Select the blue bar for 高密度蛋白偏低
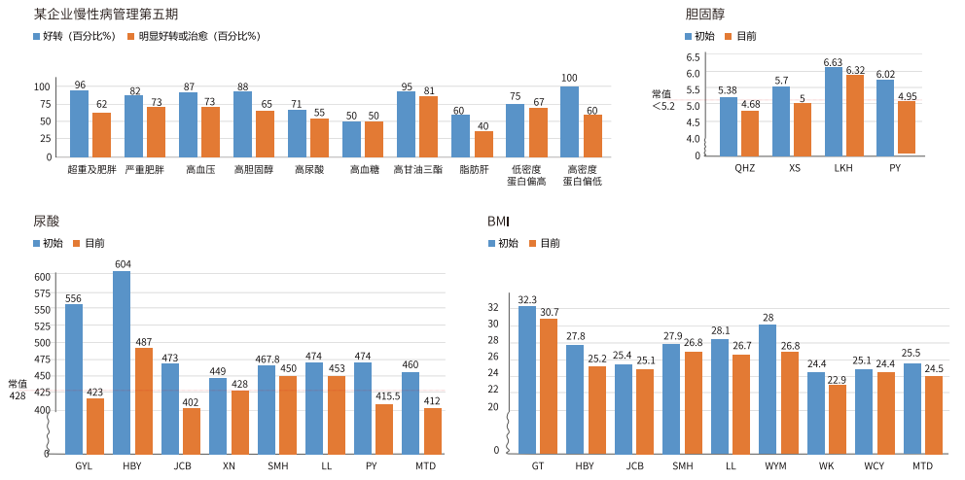point(569,121)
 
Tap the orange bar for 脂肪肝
point(483,144)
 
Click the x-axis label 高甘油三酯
point(417,169)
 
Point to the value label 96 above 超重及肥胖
point(80,86)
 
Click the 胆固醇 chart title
point(704,15)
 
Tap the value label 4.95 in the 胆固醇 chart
point(908,96)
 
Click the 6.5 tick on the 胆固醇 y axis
point(694,58)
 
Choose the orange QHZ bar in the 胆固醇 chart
point(750,133)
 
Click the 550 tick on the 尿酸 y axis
point(42,310)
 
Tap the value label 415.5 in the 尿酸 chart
point(384,396)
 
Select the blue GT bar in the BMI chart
point(527,380)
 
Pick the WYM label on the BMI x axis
point(775,466)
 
